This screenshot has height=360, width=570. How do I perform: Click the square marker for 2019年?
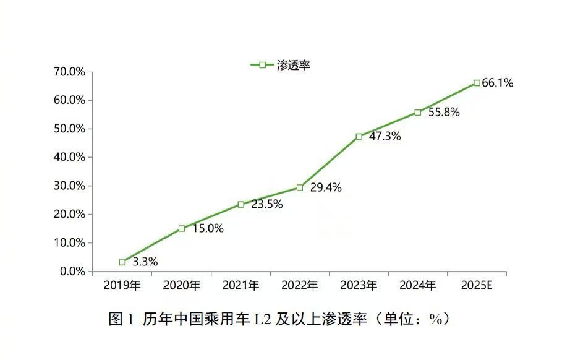[x=122, y=262]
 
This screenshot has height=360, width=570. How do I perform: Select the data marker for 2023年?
[x=359, y=136]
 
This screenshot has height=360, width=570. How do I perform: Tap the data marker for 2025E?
[x=477, y=83]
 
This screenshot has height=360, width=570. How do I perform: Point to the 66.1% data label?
[x=498, y=83]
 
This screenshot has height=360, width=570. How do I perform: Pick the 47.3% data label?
[x=385, y=137]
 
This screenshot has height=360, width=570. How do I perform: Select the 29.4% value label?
[x=326, y=188]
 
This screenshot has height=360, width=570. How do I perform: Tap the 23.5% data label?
[x=266, y=205]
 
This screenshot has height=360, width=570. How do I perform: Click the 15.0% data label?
[x=207, y=229]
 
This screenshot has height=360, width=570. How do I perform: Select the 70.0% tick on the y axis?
[x=69, y=72]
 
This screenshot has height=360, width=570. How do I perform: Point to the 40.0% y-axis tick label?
[x=69, y=157]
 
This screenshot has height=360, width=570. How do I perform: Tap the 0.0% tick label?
[x=72, y=272]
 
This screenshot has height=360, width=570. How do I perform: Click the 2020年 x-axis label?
[x=182, y=286]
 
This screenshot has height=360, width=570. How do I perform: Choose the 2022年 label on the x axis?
[x=300, y=286]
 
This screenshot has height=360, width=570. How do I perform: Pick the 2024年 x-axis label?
[x=418, y=286]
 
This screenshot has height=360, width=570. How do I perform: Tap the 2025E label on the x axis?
[x=477, y=286]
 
